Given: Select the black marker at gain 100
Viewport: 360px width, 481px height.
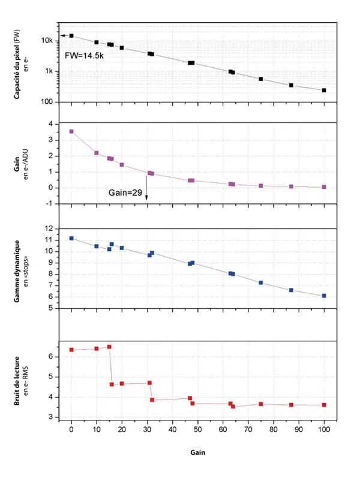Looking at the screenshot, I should (324, 91).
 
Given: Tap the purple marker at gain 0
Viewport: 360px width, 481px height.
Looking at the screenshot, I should (71, 131).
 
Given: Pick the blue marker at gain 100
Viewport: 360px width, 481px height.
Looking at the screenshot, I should (324, 296).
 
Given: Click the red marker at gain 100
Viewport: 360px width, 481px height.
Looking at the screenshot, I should (324, 405).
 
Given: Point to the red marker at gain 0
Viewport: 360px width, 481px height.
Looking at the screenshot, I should (71, 350).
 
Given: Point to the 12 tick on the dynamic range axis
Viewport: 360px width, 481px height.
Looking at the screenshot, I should (50, 229).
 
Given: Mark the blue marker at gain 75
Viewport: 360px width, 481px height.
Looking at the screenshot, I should (261, 282).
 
